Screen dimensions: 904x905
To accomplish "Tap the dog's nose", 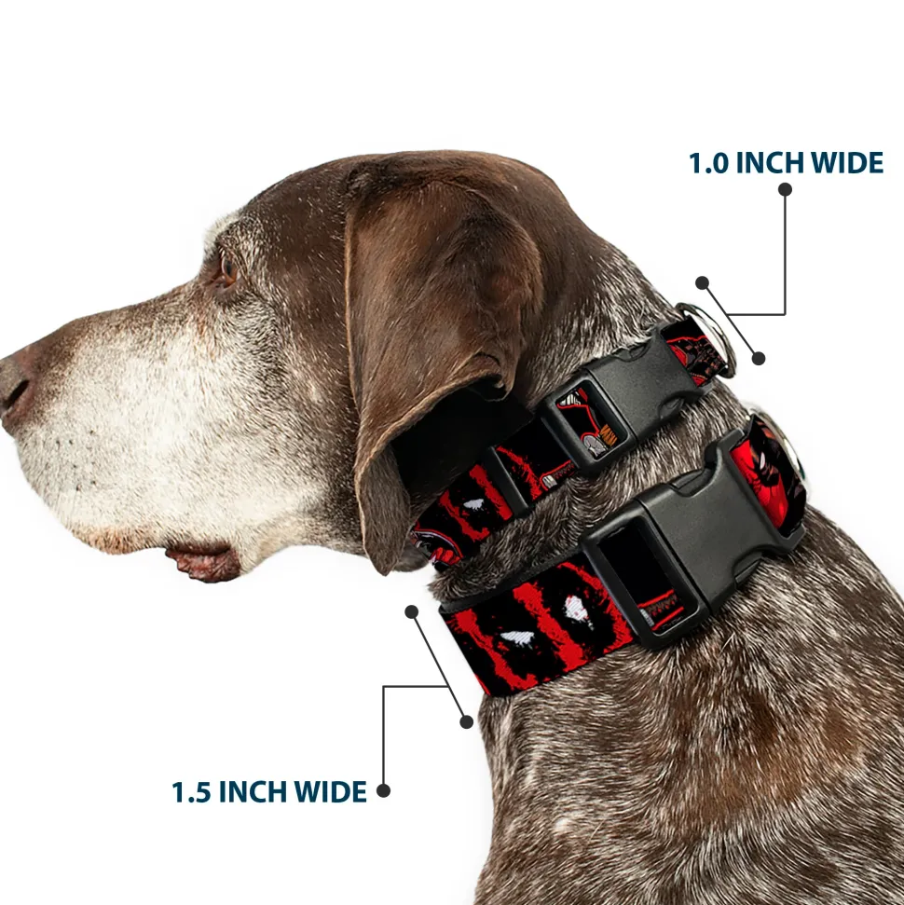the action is coord(14,387).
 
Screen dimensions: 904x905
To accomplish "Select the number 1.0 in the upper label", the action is coord(709,163).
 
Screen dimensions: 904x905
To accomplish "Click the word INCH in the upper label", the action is coord(771,163).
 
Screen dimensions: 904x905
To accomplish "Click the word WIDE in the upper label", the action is coord(847,163).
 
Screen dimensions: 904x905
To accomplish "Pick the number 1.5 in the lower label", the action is coord(192,792).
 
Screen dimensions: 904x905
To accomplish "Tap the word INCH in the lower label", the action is coord(253,792).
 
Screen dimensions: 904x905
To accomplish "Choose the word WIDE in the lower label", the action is coord(330,792).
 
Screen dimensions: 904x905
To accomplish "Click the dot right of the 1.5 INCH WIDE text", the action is coord(383,790).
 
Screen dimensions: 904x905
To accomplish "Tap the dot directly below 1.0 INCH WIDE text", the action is coord(785,189).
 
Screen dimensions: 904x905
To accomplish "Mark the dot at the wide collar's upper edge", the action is coord(412,611).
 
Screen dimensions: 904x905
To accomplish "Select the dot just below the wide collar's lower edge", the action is coord(466,721).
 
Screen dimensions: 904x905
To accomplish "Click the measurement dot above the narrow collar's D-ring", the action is coord(702,282).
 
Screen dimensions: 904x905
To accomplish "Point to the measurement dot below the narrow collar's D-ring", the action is coord(759,359).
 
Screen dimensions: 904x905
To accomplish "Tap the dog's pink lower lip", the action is coord(202,563).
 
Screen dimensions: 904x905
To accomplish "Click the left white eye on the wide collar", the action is coord(516,638).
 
